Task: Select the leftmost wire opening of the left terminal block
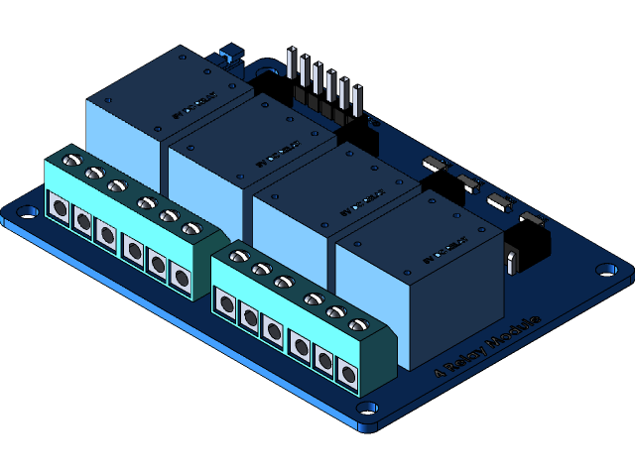(x=59, y=210)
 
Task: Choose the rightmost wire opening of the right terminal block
(x=346, y=374)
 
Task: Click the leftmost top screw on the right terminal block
(x=238, y=256)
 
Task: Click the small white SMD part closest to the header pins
(x=435, y=164)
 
